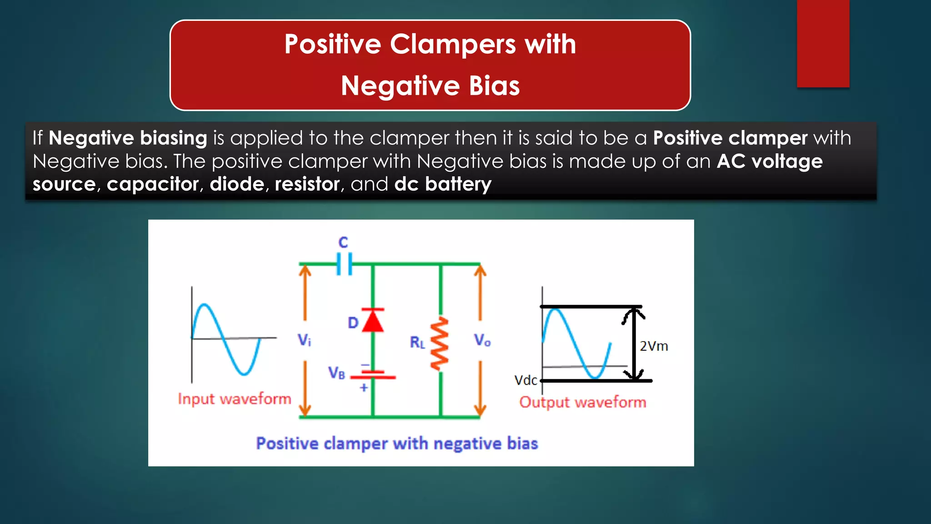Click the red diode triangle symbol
(x=373, y=321)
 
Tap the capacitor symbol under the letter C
(x=344, y=264)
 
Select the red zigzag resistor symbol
(x=440, y=344)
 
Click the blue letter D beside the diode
(x=353, y=323)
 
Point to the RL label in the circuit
(x=417, y=342)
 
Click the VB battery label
(x=337, y=373)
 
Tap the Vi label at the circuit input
(x=304, y=339)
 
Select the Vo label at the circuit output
(x=482, y=340)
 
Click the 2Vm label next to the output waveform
(x=654, y=346)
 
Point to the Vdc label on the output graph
(x=526, y=380)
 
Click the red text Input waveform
(x=234, y=399)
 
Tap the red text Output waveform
(x=582, y=402)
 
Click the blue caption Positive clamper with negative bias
(x=397, y=443)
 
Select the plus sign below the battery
(x=364, y=388)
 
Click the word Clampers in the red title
(x=452, y=45)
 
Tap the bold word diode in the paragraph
(x=237, y=184)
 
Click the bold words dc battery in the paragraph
(x=443, y=184)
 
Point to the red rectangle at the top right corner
(x=823, y=43)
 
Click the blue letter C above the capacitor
(x=343, y=242)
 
